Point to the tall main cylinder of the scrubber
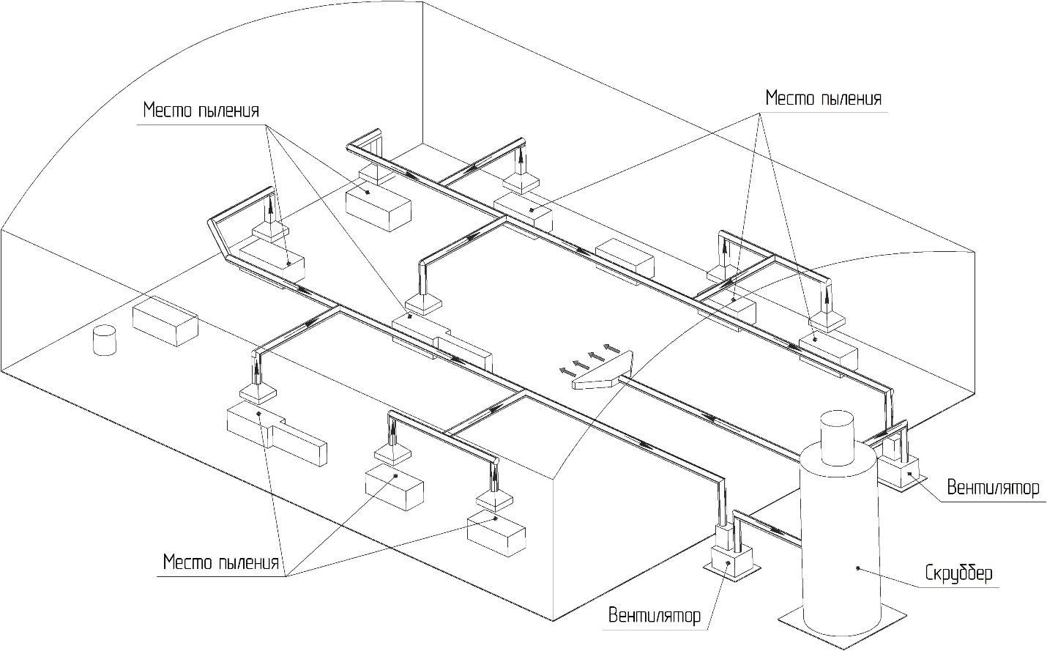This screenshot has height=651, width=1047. (x=838, y=542)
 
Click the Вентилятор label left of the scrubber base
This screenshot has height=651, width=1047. (x=655, y=615)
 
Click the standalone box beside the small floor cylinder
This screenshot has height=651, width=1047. (x=165, y=322)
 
